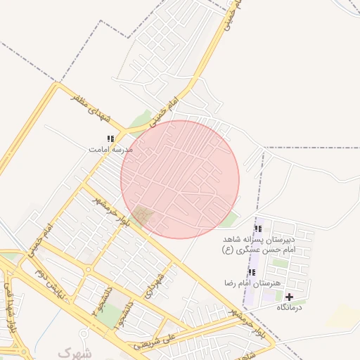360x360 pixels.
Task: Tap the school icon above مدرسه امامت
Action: coord(110,139)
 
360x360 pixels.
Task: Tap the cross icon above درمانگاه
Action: coord(289,297)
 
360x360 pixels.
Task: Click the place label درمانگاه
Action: coord(289,308)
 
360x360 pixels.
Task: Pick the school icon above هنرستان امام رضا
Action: coord(251,272)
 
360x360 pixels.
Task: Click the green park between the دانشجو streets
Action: coord(108,314)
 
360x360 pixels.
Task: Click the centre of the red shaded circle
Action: coord(180,179)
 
